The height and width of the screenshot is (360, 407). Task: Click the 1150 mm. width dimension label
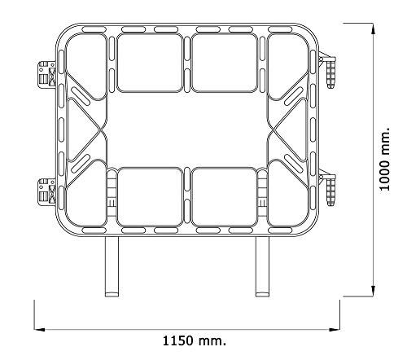(x=194, y=340)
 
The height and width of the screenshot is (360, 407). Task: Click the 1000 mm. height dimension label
(x=385, y=159)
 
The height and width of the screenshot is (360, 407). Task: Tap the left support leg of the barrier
(x=112, y=266)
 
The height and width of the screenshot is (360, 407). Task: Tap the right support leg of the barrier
(x=262, y=266)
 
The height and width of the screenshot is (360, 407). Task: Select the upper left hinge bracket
(x=47, y=74)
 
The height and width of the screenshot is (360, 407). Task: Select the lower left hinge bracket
(x=47, y=192)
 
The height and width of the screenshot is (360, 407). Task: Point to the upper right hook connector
(x=328, y=69)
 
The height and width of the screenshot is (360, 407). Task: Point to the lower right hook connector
(x=328, y=187)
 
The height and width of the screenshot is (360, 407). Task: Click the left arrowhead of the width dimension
(x=39, y=330)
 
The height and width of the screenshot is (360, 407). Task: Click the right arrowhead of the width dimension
(x=335, y=330)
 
